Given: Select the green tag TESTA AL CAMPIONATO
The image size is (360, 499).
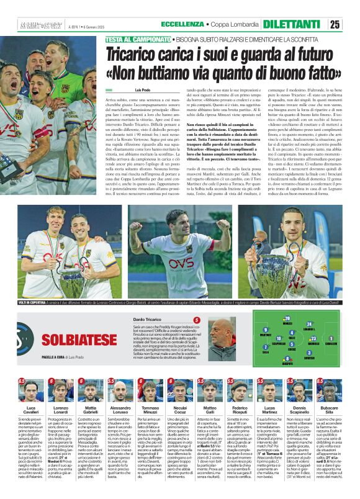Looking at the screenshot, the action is click(133, 38).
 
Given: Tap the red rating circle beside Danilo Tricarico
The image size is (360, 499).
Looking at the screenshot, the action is click(197, 320).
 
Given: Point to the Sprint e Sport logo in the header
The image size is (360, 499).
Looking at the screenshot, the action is click(37, 24).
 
